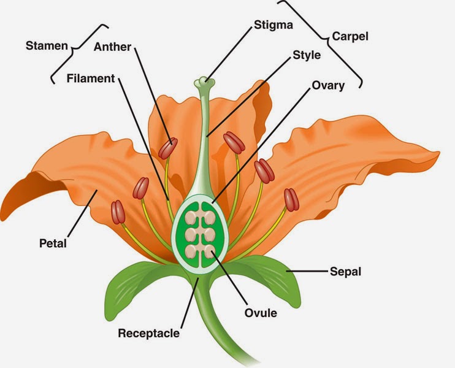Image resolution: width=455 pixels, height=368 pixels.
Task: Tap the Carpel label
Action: [x=351, y=36]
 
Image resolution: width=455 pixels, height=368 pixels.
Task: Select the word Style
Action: [x=307, y=55]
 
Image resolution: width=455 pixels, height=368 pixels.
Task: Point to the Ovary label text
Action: [x=328, y=85]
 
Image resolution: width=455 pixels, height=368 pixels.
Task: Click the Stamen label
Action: [x=46, y=45]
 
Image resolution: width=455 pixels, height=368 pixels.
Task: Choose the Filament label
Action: [x=91, y=79]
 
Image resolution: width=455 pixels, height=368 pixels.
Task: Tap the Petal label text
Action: [x=52, y=243]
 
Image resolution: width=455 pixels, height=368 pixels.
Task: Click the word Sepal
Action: [x=345, y=270]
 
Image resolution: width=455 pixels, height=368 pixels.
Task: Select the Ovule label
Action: [x=261, y=313]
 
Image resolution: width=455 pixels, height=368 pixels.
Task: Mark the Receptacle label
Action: [x=149, y=334]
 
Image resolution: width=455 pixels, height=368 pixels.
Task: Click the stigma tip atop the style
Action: [x=203, y=82]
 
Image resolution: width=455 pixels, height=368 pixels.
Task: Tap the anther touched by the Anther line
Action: [x=167, y=148]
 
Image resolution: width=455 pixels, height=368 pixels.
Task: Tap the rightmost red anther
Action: [x=291, y=199]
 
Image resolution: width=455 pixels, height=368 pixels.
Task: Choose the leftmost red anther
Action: [x=118, y=212]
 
